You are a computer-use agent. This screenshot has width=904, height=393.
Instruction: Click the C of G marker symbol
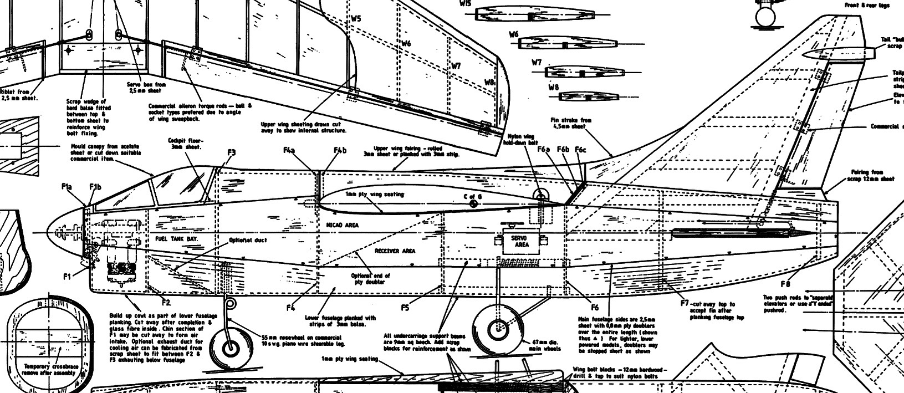tap(474, 204)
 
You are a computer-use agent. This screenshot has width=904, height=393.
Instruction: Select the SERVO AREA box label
tap(522, 241)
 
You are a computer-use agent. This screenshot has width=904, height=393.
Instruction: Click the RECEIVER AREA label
tap(395, 251)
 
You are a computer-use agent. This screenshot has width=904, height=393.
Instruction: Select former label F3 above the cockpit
tap(231, 152)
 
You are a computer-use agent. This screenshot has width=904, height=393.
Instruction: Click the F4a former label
tap(289, 150)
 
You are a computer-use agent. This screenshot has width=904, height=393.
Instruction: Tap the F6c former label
tap(580, 150)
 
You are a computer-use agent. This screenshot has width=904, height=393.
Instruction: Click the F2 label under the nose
tap(166, 302)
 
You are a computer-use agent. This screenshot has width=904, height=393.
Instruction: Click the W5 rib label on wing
tap(355, 18)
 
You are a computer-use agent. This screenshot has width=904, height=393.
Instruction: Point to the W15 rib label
tap(465, 3)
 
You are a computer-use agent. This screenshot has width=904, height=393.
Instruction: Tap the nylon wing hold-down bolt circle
tap(540, 194)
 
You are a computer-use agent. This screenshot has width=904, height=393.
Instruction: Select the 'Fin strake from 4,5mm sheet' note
tap(571, 123)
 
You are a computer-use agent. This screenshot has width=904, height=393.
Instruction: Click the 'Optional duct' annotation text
tap(248, 241)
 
